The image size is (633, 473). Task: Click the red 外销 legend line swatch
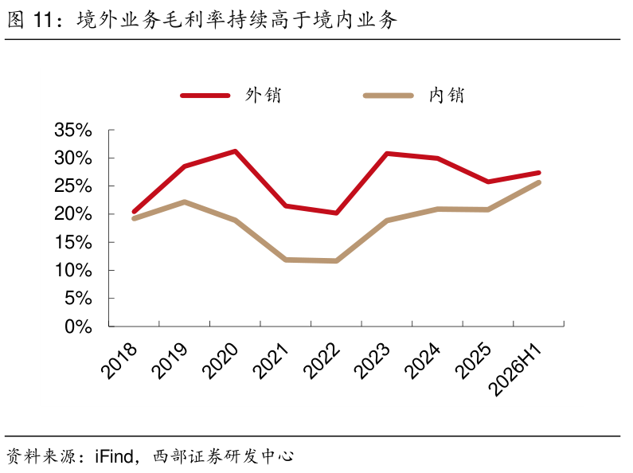205,96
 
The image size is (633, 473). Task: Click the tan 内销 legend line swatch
389,96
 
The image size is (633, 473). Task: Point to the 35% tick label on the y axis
73,130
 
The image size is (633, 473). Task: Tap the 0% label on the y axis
78,326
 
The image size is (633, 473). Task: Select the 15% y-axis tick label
73,242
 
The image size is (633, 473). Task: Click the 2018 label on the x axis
119,361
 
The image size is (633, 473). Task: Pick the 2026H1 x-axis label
514,370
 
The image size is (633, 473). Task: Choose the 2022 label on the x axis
322,361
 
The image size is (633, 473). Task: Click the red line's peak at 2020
235,151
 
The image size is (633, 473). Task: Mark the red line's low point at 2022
336,213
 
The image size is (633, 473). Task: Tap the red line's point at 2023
387,154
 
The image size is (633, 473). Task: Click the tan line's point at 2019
185,201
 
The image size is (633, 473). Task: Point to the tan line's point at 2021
286,260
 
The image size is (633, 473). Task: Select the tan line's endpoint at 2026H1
539,182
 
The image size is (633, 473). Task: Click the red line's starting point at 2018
134,212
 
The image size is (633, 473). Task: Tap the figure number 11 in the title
43,20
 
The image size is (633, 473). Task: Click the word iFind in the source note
114,456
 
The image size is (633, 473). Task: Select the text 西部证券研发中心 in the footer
223,456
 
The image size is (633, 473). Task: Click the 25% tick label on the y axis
73,186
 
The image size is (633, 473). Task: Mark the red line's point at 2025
488,182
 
